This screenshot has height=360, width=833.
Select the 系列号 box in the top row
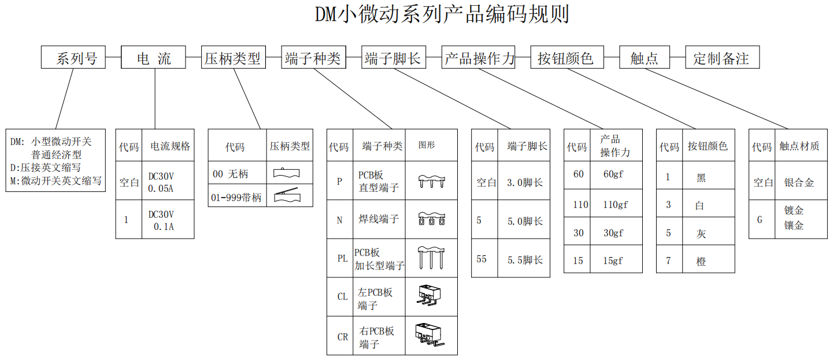coord(73,58)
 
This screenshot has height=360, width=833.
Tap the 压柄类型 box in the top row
coord(233,58)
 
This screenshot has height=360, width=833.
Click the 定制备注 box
coord(722,58)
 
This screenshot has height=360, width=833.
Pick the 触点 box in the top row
coord(644,58)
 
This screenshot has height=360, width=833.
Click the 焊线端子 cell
coord(379,219)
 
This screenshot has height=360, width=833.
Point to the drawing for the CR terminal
coord(431,336)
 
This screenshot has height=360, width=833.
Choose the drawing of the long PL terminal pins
coord(431,258)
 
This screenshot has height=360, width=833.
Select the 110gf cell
coord(615,205)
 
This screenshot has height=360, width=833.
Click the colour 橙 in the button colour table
coord(701,261)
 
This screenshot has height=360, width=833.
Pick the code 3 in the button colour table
coord(668,205)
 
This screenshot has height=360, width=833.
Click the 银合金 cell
coord(799,183)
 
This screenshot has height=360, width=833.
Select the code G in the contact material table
coord(760,220)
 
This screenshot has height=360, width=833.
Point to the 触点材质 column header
coord(799,147)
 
